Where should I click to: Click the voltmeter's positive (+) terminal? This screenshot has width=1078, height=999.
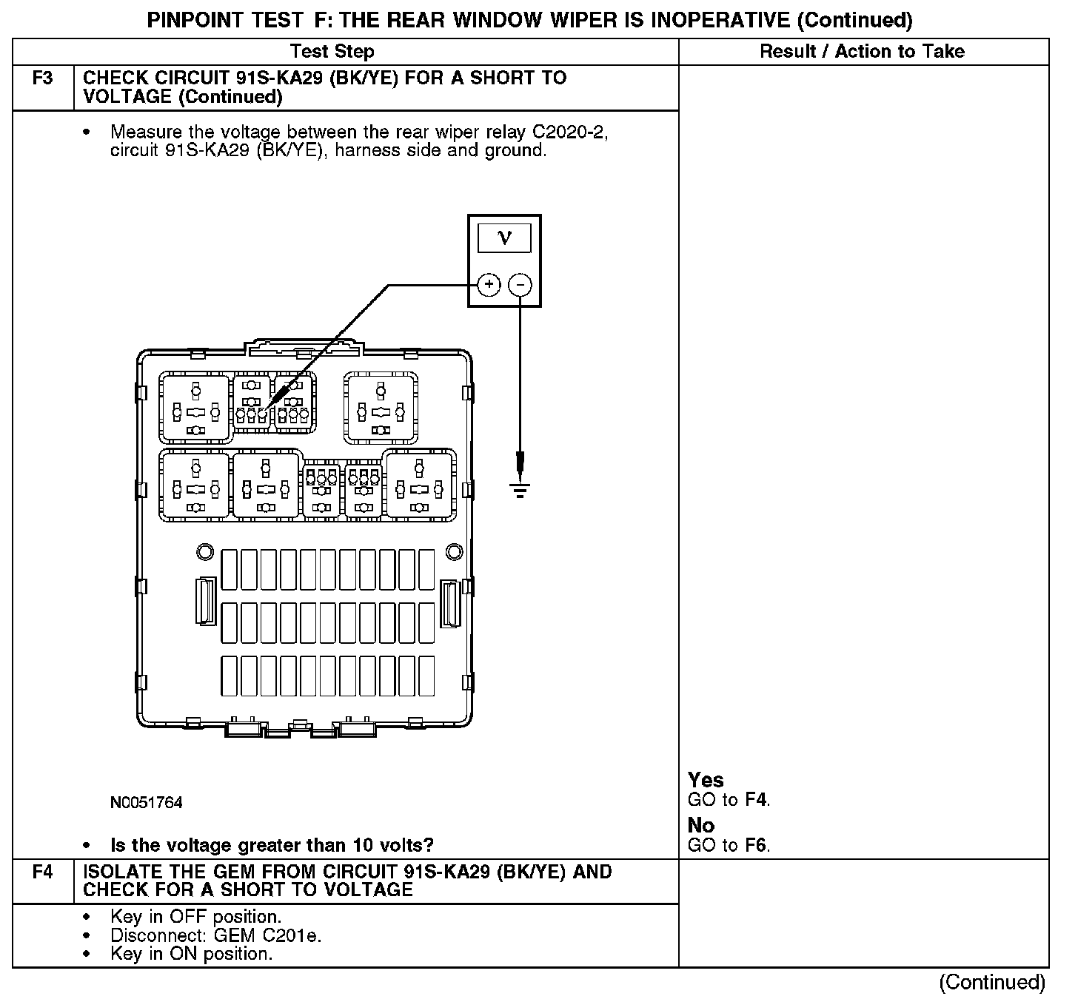[488, 285]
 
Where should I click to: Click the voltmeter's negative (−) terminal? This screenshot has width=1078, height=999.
[521, 285]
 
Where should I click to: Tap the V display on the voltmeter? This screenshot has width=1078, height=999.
[504, 238]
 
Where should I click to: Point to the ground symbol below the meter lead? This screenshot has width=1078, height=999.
[520, 489]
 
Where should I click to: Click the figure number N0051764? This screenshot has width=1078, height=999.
[146, 803]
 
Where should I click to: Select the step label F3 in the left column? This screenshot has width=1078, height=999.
[43, 78]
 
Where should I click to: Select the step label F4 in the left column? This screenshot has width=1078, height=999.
[43, 872]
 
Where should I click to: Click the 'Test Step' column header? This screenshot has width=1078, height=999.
[332, 51]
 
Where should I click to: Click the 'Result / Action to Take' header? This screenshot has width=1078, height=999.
[862, 51]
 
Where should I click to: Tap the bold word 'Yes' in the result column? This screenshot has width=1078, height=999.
[706, 780]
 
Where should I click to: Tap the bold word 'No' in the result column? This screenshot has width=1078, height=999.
[701, 825]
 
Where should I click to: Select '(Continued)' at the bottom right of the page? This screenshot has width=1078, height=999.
[992, 982]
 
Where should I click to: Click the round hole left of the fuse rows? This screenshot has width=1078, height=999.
[204, 552]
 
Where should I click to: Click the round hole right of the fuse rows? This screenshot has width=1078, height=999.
[454, 552]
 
